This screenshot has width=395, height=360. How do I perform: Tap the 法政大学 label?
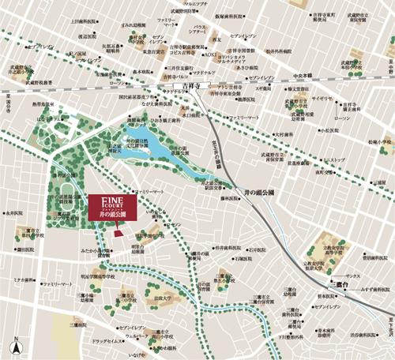point(163,298)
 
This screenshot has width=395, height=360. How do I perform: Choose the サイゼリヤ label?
point(322,100)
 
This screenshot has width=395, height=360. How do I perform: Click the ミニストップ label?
point(335,159)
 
